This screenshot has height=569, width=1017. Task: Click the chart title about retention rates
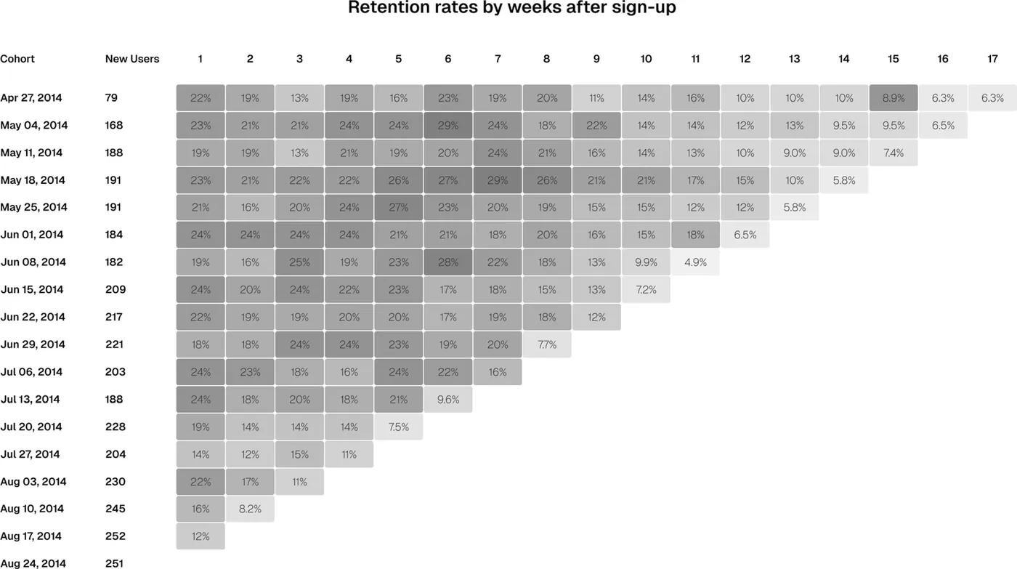[511, 7]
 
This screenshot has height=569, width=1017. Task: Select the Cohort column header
[17, 59]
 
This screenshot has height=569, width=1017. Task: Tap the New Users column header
[132, 59]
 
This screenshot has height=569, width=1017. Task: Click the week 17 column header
[992, 59]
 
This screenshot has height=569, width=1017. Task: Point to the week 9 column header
[596, 59]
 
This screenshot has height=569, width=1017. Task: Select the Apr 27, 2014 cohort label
[31, 97]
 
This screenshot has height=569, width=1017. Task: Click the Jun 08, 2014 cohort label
[33, 262]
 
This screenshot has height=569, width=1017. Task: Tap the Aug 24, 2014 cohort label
[33, 563]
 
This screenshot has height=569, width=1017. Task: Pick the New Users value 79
[111, 97]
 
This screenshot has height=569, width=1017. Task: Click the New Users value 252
[116, 536]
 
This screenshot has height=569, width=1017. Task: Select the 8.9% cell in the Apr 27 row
[894, 97]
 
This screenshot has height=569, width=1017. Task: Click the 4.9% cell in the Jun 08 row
[696, 262]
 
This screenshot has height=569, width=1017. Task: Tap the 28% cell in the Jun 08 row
[448, 262]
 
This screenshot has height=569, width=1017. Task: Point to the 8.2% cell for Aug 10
[250, 509]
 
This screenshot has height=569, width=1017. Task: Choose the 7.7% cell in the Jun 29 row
[547, 344]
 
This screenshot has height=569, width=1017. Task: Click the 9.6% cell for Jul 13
[448, 399]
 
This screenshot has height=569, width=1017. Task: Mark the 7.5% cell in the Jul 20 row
[399, 427]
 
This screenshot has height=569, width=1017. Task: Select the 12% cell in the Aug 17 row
[200, 536]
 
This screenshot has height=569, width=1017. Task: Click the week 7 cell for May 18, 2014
[498, 180]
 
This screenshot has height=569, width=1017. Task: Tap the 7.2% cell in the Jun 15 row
[646, 290]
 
